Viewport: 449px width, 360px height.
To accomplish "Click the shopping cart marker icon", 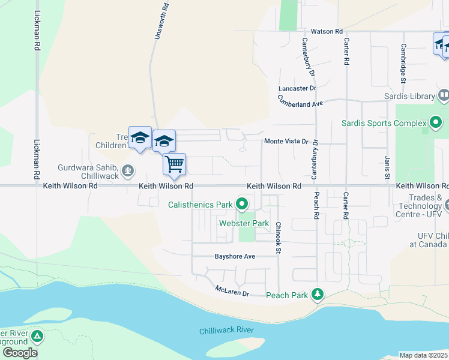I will coord(174,164).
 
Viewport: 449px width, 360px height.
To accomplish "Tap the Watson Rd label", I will coord(327,31).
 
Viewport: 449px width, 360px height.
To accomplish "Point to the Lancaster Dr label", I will coord(297,88).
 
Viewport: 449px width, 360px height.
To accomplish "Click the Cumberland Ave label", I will coord(300,103).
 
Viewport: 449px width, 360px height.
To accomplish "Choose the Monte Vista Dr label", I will coord(286,142).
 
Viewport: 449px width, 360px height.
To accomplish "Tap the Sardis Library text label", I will coord(409,96).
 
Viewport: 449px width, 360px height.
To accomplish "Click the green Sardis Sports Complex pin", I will coord(436,124).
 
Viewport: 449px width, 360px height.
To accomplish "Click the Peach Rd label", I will coord(316,204).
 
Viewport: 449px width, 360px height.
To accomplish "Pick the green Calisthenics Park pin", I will coord(242,205).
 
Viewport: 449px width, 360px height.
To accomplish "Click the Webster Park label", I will coord(244,223).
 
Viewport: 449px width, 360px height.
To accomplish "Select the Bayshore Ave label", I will coord(235,256).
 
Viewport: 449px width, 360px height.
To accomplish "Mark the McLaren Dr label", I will coord(232,292).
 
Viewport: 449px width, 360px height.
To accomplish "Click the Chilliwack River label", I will coord(227,331).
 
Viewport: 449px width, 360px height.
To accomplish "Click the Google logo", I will coord(20,352).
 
